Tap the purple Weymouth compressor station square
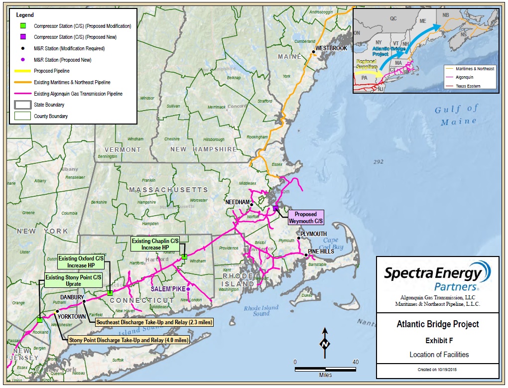point(275,208)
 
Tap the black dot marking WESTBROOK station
point(314,51)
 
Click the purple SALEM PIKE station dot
point(188,289)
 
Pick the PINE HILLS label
point(321,252)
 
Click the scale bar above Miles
point(325,369)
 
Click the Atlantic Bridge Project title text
point(437,324)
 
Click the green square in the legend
point(22,26)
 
